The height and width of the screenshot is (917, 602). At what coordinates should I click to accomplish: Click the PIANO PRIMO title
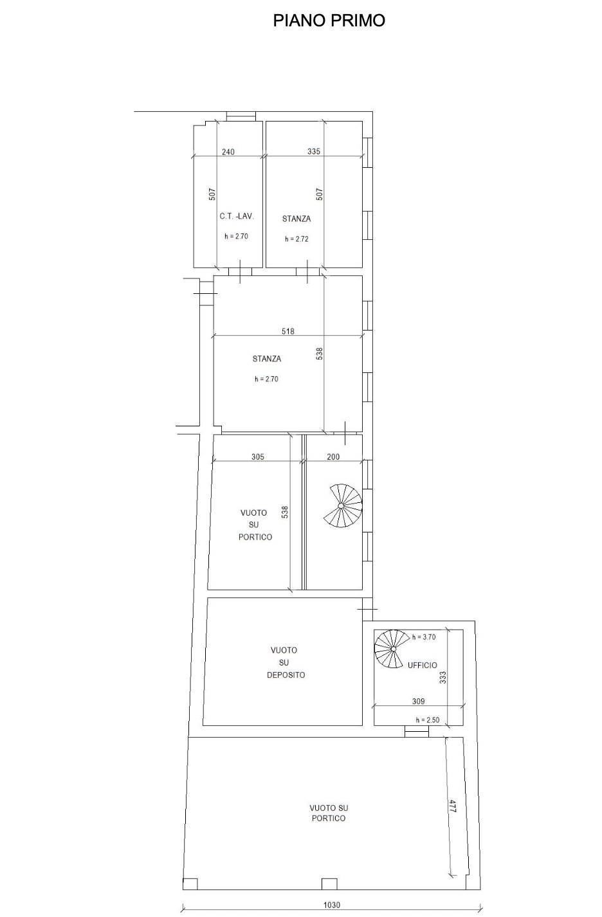click(x=329, y=21)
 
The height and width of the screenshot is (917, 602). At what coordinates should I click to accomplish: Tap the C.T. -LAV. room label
click(x=237, y=216)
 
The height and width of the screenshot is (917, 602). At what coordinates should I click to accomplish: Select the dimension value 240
click(x=228, y=152)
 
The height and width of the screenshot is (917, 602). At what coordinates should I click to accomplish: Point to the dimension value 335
click(x=314, y=152)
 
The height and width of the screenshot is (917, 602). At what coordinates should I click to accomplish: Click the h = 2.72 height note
click(x=296, y=239)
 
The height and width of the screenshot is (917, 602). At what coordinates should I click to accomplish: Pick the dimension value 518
click(x=288, y=331)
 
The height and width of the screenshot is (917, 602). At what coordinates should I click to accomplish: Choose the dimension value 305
click(x=258, y=457)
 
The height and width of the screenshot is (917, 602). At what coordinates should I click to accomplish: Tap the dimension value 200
click(x=333, y=457)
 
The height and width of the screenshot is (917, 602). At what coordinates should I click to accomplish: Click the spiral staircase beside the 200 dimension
click(x=344, y=506)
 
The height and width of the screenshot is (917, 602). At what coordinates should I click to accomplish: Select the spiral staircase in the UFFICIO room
click(x=392, y=649)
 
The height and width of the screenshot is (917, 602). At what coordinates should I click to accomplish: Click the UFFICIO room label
click(x=422, y=666)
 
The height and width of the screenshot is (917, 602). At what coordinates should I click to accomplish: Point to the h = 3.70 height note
click(x=424, y=637)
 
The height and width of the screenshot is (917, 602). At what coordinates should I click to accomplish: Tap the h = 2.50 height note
click(x=428, y=720)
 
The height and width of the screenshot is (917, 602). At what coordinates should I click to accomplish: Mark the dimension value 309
click(x=418, y=702)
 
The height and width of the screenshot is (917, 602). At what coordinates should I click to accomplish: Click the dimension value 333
click(x=442, y=678)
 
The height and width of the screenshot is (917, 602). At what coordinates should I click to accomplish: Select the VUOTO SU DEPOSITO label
click(x=286, y=662)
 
